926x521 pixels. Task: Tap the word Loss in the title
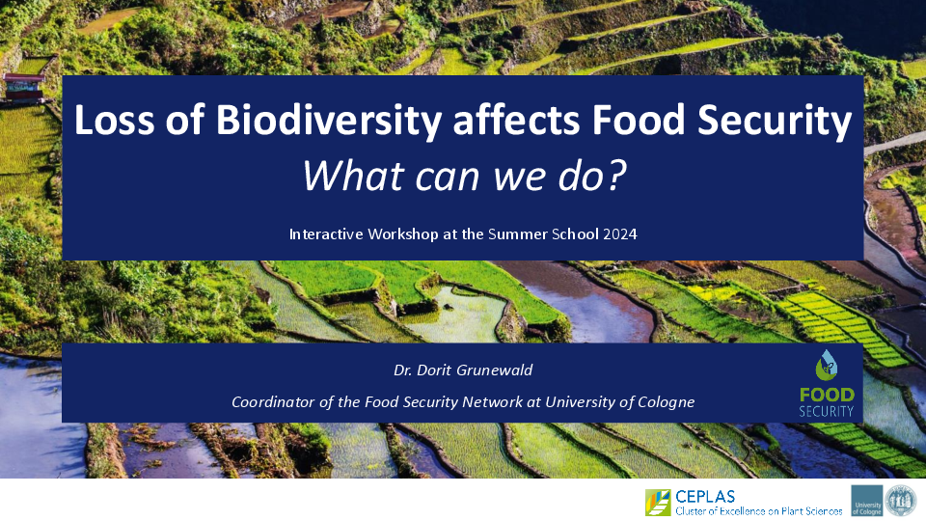pos(115,120)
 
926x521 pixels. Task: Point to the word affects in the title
pos(517,120)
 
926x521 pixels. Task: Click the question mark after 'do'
pos(616,175)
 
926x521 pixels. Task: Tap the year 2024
pos(620,234)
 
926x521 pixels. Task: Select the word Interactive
pos(326,234)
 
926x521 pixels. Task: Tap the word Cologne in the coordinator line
pos(667,402)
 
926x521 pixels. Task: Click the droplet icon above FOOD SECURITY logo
pos(827,365)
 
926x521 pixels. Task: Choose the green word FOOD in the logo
pos(827,395)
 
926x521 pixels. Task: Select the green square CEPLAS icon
pos(658,503)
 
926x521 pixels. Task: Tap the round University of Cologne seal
pos(901,501)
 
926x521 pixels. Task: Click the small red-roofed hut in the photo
pos(23,87)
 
